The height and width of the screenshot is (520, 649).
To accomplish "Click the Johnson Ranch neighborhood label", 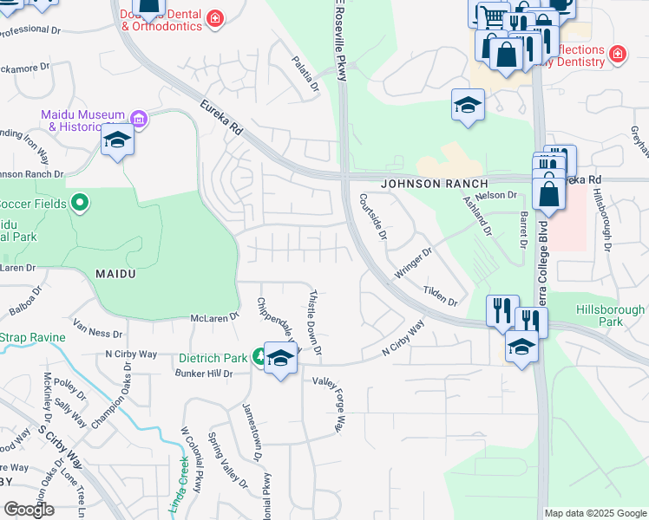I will pyautogui.click(x=434, y=184).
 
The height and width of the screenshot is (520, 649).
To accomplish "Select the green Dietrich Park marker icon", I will pyautogui.click(x=259, y=356).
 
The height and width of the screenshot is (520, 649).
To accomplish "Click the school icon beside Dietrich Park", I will pyautogui.click(x=280, y=357).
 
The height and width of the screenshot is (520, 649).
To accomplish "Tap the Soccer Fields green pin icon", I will pyautogui.click(x=80, y=204).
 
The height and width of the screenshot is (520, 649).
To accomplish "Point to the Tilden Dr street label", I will pyautogui.click(x=440, y=296).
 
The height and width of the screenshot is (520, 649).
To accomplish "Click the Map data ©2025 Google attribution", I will pyautogui.click(x=594, y=513).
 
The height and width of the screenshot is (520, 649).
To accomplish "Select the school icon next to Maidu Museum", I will pyautogui.click(x=117, y=140).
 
